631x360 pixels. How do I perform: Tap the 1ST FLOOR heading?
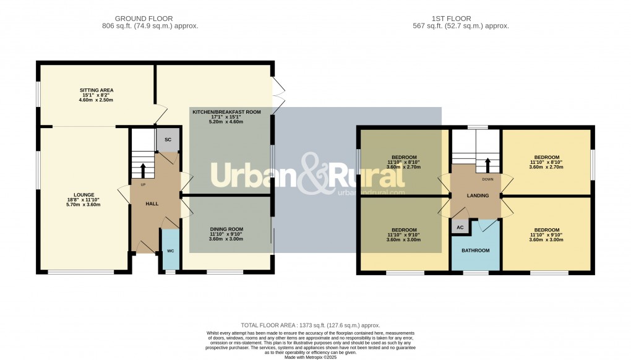[460, 19]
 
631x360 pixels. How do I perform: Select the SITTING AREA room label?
[96, 90]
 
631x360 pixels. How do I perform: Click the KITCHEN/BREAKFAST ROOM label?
[226, 112]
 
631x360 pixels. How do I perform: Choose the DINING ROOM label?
[226, 229]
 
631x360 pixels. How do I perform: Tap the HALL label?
[152, 204]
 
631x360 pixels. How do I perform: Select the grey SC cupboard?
[168, 140]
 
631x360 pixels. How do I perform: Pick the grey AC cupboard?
[460, 227]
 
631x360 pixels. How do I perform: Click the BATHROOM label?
[475, 251]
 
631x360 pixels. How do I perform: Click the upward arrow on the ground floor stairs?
[144, 168]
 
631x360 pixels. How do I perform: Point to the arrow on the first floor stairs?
[487, 165]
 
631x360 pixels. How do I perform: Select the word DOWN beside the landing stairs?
[487, 179]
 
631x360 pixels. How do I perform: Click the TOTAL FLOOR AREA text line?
[311, 325]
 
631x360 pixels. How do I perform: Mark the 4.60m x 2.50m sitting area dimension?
[96, 100]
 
